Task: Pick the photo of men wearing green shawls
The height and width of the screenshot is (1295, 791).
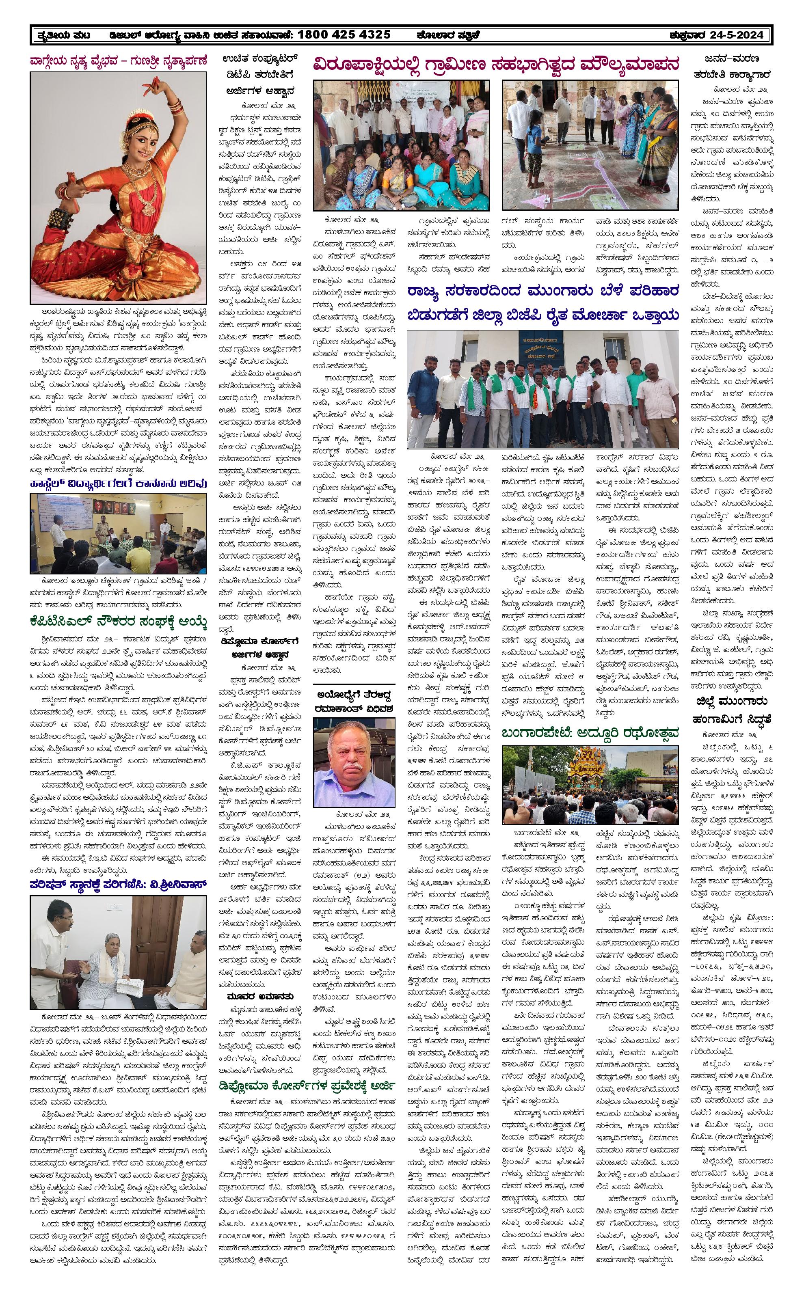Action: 543,389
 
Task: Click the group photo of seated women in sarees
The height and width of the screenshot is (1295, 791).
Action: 401,145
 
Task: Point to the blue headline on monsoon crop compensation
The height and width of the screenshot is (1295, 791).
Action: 543,303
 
